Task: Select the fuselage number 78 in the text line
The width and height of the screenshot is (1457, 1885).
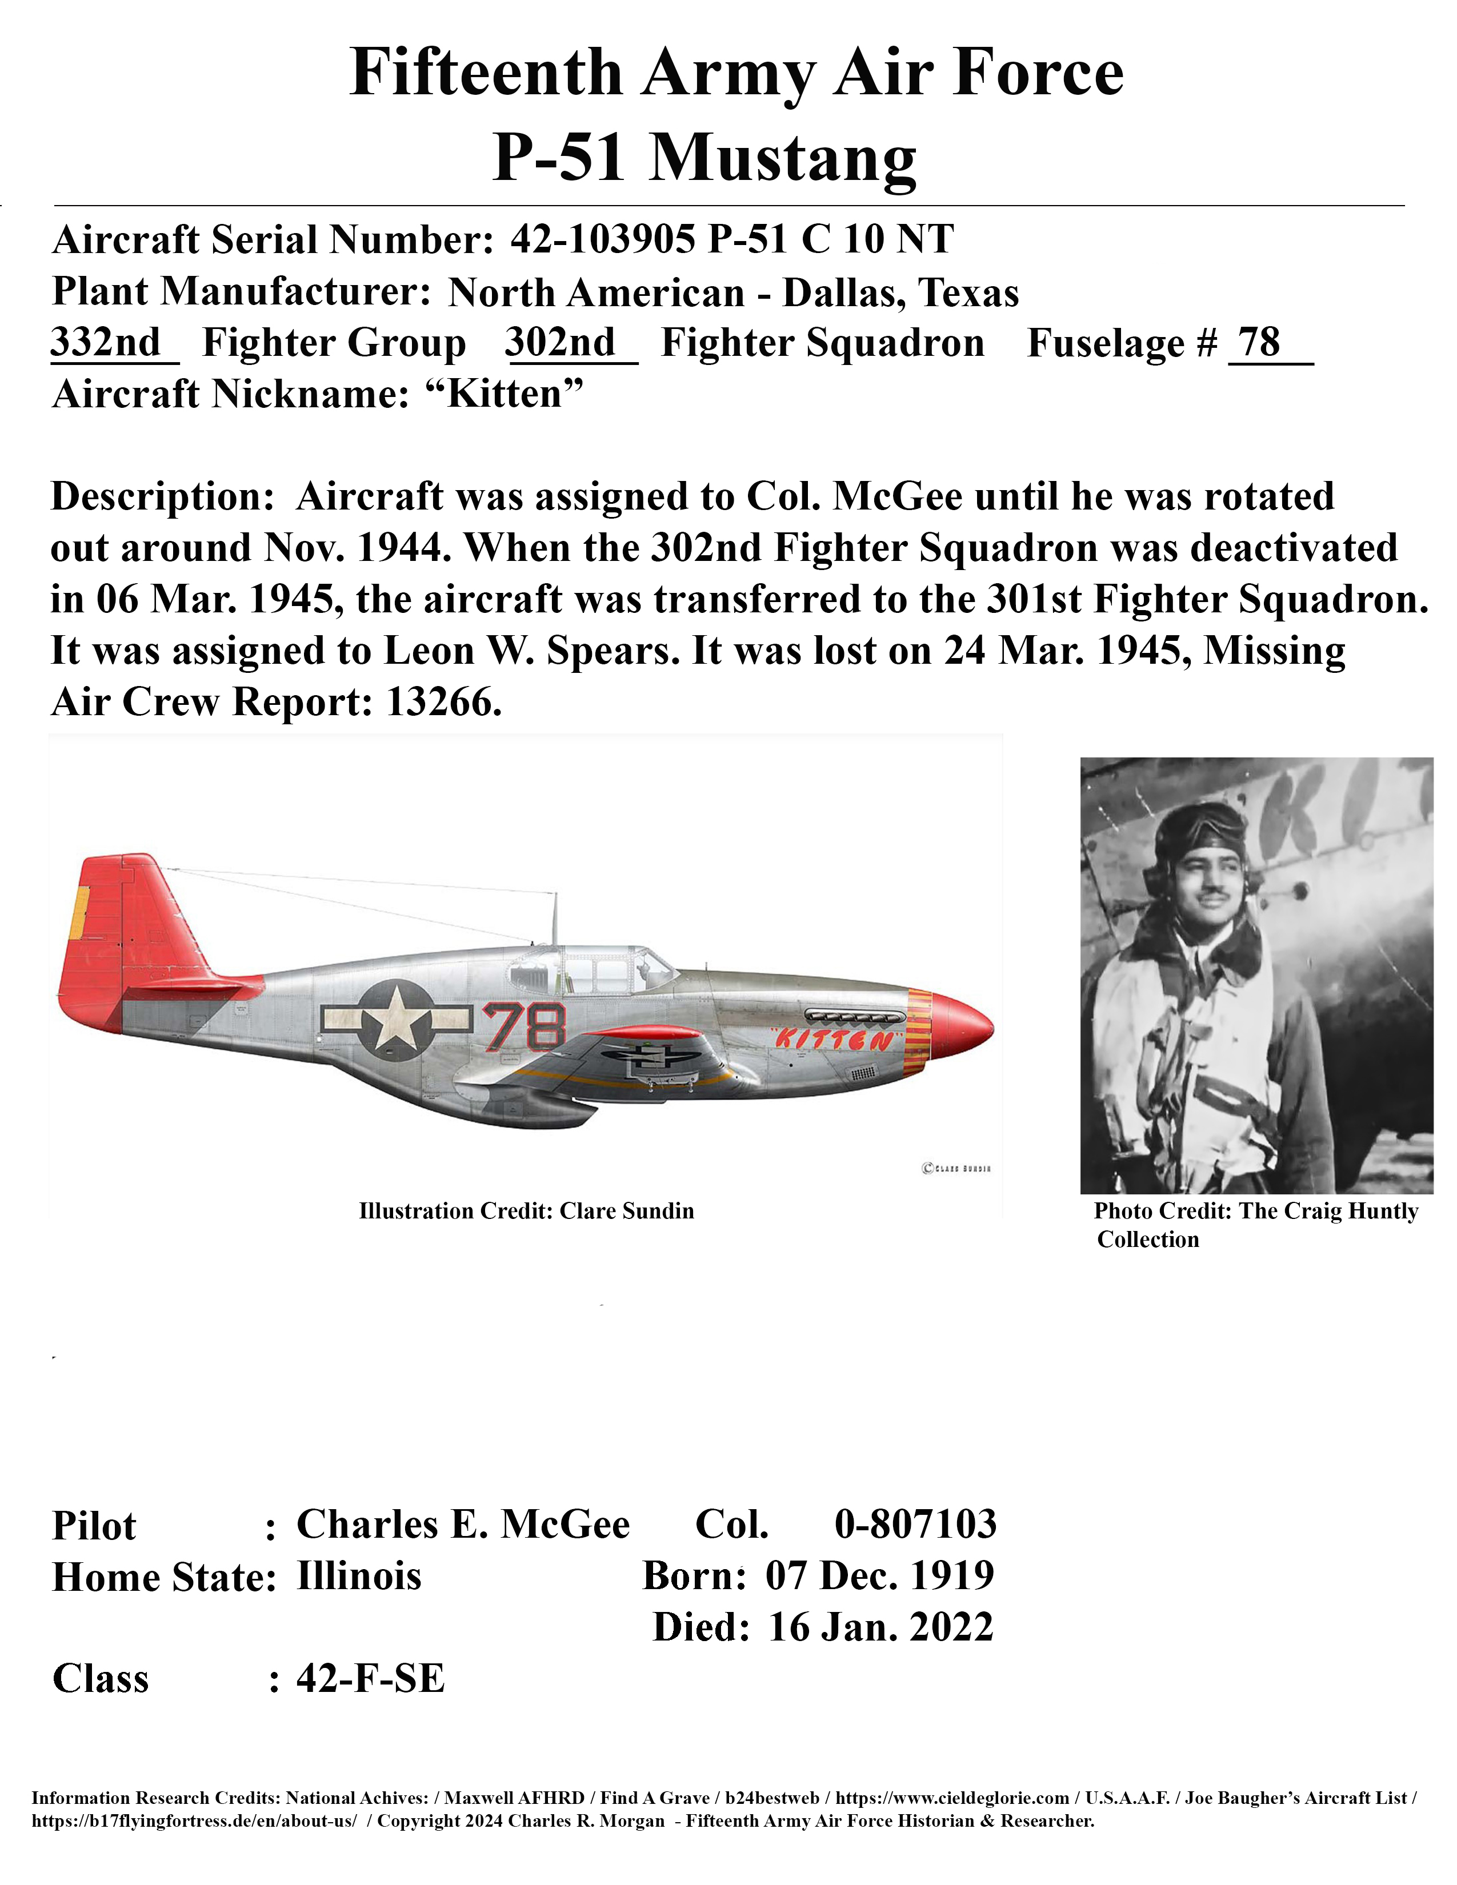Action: coord(1259,343)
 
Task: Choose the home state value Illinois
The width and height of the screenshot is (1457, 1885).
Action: coord(359,1575)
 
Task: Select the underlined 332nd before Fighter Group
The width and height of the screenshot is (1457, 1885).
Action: coord(106,343)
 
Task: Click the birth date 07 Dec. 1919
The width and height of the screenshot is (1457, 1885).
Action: coord(879,1575)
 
